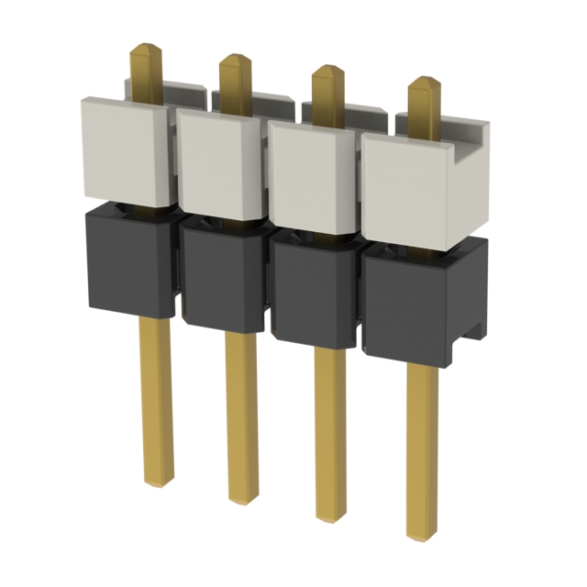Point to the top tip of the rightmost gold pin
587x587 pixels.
click(424, 82)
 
